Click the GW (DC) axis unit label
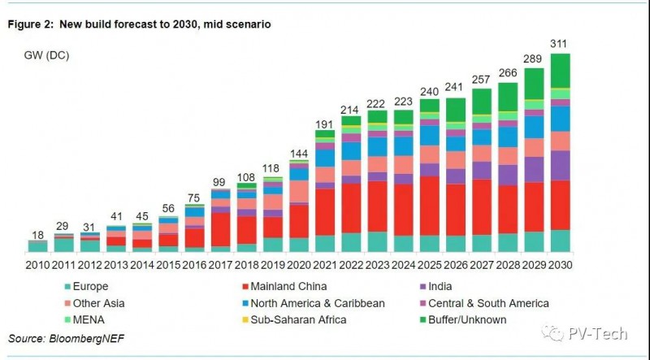[48, 54]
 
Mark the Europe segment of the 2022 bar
[352, 242]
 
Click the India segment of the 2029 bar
[535, 169]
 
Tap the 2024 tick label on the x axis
[404, 266]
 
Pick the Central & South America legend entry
[496, 303]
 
